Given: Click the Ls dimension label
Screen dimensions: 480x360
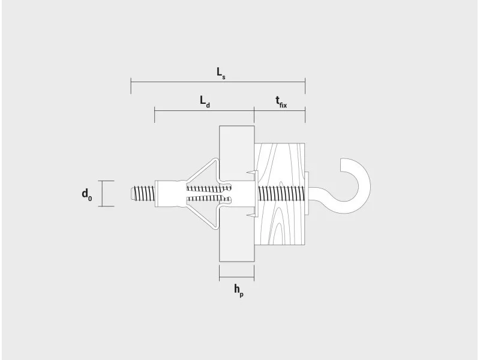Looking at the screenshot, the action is coord(221,73).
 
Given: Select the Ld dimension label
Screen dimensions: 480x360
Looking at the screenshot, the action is coord(205,101).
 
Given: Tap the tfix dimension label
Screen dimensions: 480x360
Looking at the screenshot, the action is coord(281,102).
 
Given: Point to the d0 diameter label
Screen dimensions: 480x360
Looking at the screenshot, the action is coord(86,194).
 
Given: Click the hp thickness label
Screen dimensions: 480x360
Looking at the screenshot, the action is coord(239,290).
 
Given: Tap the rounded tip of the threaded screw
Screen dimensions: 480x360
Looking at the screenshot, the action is coord(131,193).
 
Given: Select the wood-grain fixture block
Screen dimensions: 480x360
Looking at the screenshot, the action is coord(280,194).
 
